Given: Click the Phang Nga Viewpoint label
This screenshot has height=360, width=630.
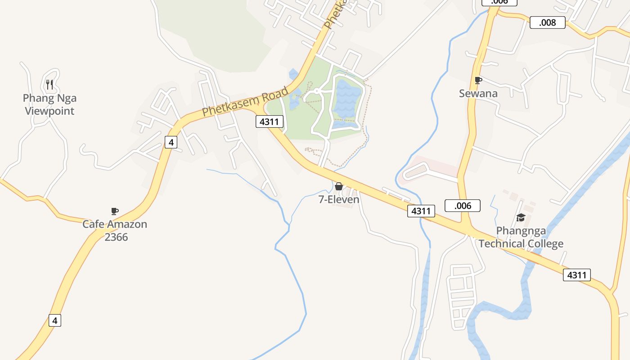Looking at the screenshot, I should click(x=49, y=104).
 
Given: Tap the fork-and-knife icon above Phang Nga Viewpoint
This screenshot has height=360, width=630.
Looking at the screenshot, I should click(x=49, y=84).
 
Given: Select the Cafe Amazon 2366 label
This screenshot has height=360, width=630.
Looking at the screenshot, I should click(x=115, y=230).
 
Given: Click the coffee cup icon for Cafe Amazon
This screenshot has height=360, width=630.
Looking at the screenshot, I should click(x=115, y=211).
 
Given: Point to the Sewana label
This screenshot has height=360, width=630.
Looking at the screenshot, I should click(x=478, y=94).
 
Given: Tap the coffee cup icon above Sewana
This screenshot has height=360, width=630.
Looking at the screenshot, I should click(x=478, y=81).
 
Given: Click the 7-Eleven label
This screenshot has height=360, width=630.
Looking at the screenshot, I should click(x=339, y=199).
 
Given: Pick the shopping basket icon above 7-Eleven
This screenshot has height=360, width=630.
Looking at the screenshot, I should click(x=339, y=186).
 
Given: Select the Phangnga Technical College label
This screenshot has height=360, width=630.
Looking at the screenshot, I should click(x=521, y=237).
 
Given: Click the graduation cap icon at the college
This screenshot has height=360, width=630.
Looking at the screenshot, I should click(x=521, y=218).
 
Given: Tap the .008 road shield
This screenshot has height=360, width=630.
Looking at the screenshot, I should click(x=547, y=22).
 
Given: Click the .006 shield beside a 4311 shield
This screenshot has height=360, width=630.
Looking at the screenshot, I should click(x=463, y=206).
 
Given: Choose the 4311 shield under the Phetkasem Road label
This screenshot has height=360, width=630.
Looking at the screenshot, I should click(x=270, y=121).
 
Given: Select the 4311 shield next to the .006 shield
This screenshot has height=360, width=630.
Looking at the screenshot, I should click(x=421, y=211).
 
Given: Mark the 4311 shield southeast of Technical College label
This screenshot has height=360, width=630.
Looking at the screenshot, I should click(x=576, y=275).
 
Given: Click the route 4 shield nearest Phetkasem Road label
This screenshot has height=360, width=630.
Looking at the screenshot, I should click(x=171, y=142).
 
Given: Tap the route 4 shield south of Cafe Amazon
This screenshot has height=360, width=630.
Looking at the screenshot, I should click(x=55, y=320).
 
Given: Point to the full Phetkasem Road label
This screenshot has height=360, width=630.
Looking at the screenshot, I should click(x=245, y=102).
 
